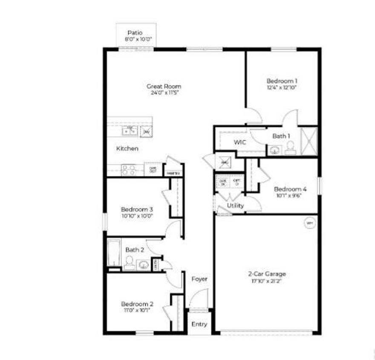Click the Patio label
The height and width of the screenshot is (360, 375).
tap(136, 32)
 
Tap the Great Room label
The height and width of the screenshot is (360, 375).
tap(164, 86)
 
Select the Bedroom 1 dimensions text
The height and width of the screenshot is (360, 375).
tap(282, 87)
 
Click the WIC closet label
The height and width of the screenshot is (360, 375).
tap(240, 143)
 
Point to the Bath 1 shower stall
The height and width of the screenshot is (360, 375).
tap(309, 141)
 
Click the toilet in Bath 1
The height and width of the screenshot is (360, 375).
tap(290, 148)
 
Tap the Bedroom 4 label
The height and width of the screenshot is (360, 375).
tap(290, 189)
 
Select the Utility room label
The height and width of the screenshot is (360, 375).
tap(235, 206)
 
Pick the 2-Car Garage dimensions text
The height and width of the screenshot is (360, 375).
tap(267, 281)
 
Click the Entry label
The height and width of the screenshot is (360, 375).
tap(199, 324)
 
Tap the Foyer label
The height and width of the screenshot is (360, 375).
tap(199, 279)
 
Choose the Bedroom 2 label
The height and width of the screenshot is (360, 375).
tap(137, 304)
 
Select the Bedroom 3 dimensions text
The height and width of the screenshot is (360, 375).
tap(137, 216)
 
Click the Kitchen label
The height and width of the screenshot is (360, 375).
tap(127, 149)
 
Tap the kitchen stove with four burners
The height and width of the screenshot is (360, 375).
tap(128, 170)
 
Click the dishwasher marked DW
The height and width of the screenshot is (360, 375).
tap(146, 132)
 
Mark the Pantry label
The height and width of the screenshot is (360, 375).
tap(174, 173)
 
